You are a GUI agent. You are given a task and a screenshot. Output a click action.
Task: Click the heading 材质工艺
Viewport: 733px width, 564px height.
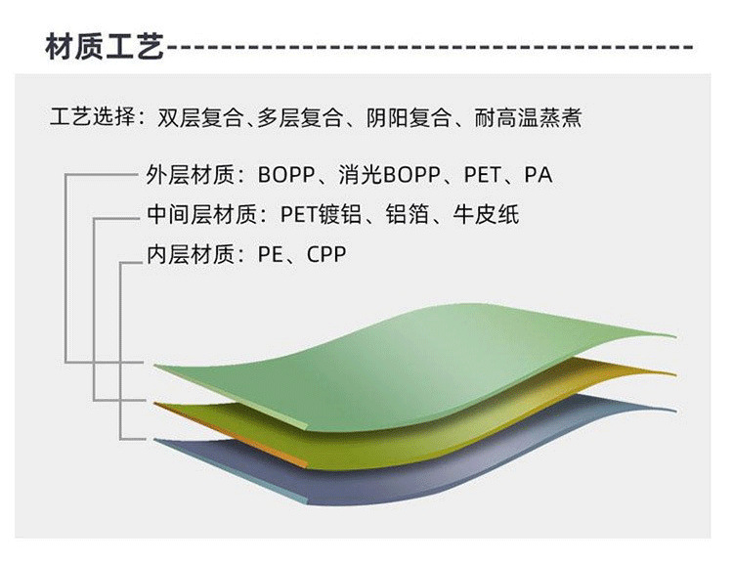click(x=105, y=46)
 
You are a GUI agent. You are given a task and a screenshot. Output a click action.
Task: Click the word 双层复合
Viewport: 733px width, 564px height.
click(x=200, y=118)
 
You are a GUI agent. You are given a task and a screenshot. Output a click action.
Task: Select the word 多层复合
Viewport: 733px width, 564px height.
click(x=299, y=118)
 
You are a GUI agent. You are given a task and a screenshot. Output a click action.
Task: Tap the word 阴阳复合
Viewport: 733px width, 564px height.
click(x=409, y=118)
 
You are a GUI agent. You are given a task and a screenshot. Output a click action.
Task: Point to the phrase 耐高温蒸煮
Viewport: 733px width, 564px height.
click(x=528, y=118)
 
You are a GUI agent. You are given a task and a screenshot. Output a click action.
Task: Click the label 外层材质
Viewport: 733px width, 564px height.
click(x=190, y=175)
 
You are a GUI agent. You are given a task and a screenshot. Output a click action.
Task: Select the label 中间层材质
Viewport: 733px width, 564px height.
click(x=201, y=215)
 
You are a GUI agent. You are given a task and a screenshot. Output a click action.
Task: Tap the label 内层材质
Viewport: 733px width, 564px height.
click(x=190, y=255)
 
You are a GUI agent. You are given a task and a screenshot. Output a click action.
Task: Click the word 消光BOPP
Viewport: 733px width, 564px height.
click(x=389, y=175)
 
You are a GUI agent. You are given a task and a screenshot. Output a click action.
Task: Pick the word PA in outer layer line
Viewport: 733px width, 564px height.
click(x=539, y=175)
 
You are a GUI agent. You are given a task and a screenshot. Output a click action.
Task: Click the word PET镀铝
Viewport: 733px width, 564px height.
click(x=321, y=215)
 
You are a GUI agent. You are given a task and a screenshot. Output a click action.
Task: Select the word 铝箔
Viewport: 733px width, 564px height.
click(x=408, y=215)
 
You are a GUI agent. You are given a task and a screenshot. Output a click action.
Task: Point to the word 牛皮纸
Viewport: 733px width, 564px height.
click(x=486, y=215)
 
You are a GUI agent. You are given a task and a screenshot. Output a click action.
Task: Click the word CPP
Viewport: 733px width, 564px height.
click(x=326, y=255)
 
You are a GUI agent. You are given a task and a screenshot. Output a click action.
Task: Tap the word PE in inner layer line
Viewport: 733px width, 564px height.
click(x=270, y=255)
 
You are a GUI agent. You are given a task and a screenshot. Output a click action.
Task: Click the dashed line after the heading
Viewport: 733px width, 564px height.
click(x=430, y=47)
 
